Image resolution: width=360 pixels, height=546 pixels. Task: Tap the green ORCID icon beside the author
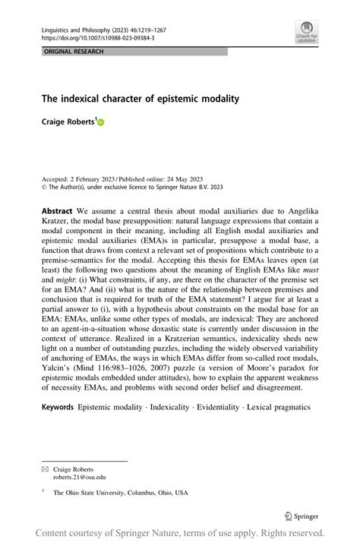point(99,122)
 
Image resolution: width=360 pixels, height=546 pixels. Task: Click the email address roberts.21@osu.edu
point(80,477)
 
